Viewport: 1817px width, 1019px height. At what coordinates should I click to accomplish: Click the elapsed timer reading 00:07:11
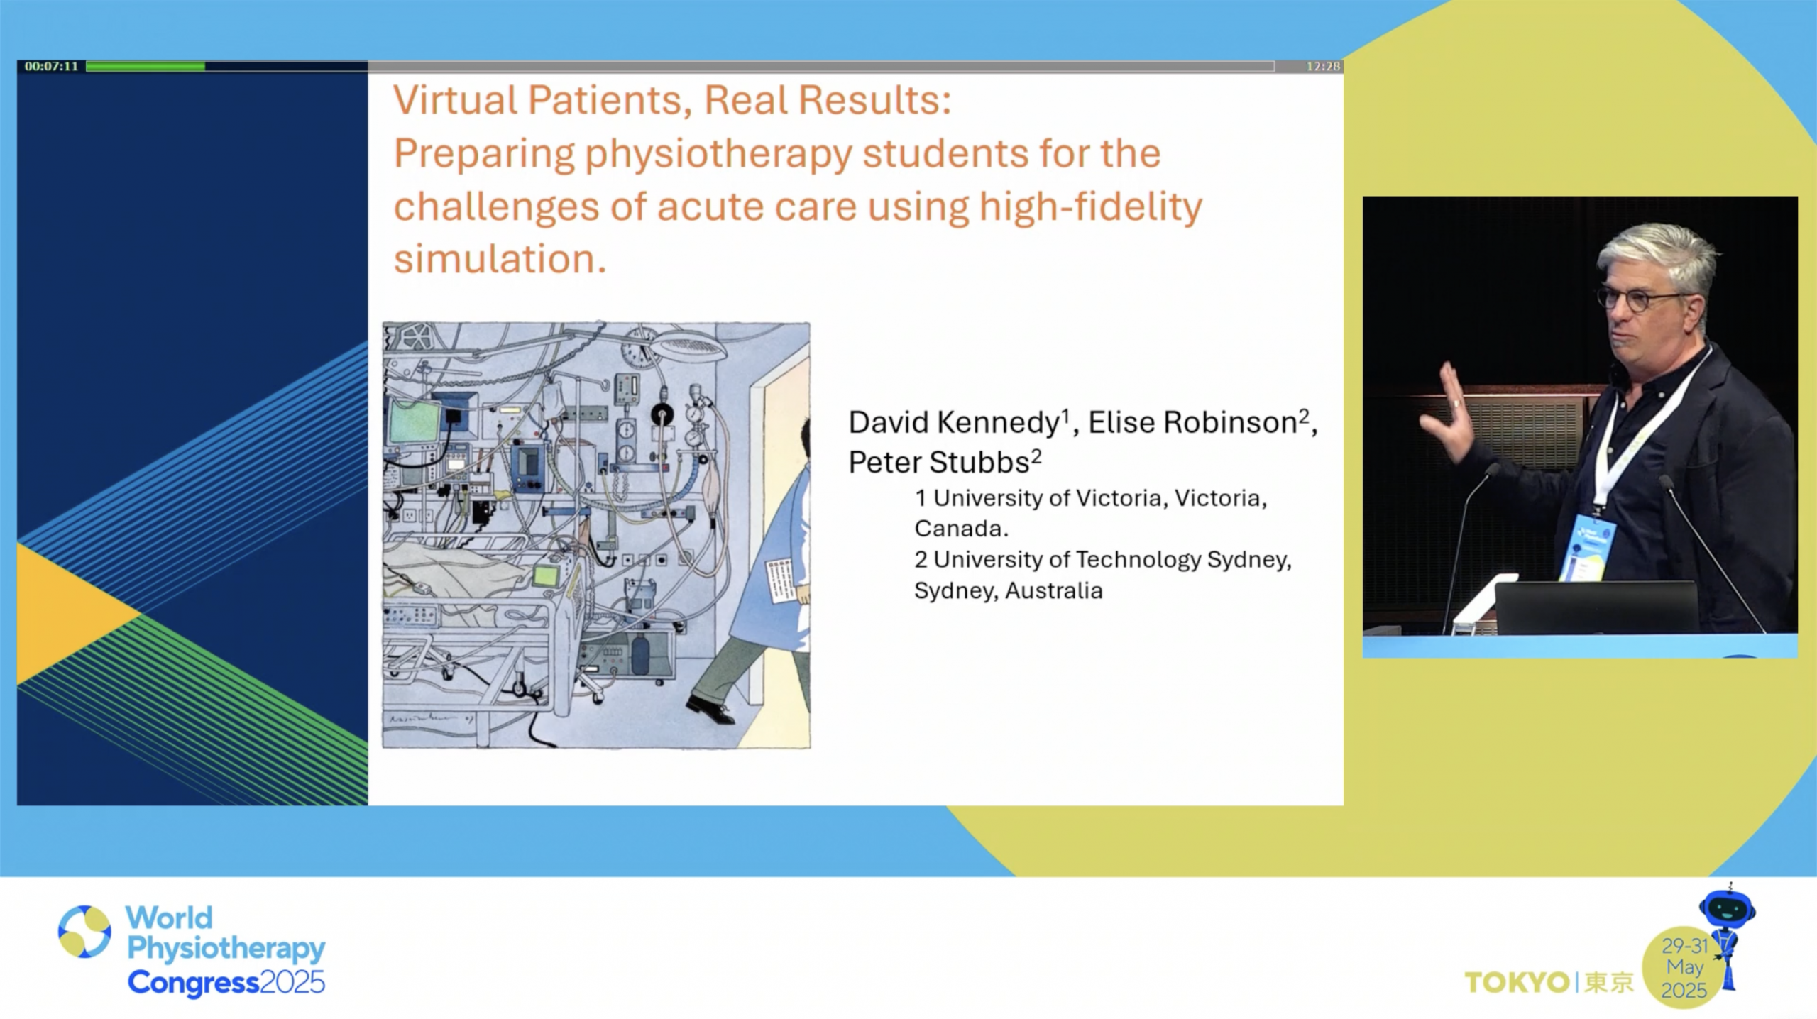(51, 66)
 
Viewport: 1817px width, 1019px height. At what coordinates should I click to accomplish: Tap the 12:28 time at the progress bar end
(1323, 66)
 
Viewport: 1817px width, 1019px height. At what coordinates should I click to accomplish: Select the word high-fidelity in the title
(1091, 207)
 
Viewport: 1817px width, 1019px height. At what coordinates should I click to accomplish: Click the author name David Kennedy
(955, 423)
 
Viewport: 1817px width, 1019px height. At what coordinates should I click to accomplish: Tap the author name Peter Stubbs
(939, 463)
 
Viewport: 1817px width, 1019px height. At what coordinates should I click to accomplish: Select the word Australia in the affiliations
(1054, 591)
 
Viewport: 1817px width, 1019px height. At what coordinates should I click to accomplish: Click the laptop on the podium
(1596, 607)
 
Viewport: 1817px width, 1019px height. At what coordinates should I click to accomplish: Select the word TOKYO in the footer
(1517, 983)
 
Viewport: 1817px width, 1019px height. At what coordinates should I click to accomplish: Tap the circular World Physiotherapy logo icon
(84, 931)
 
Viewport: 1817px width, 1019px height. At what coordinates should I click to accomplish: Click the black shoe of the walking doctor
(710, 710)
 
